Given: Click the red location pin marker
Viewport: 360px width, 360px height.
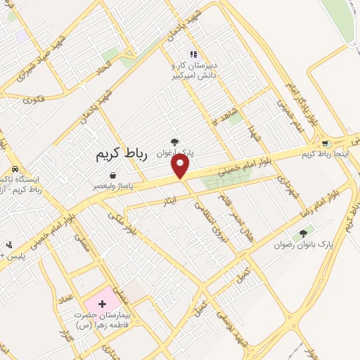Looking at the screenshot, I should click(181, 165).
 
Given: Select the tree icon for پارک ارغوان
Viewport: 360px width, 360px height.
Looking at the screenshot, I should click(174, 142).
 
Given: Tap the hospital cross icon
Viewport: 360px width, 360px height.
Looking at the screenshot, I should click(103, 304).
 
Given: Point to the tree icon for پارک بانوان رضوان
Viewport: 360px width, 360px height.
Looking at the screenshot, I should click(303, 233).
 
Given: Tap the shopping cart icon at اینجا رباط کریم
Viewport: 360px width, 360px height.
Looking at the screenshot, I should click(324, 143).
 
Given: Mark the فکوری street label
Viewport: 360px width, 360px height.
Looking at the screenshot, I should click(33, 99).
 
